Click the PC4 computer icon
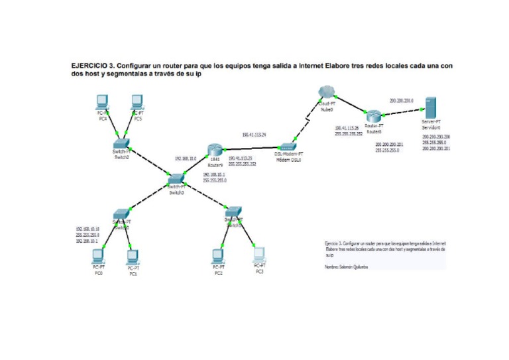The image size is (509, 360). coord(102,101)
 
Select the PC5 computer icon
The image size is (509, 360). coord(137,101)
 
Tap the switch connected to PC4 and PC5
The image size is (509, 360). coord(121,143)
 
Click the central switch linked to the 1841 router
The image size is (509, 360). coord(176,178)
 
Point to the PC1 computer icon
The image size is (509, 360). coord(132,256)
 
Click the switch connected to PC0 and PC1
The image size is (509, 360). coord(121,214)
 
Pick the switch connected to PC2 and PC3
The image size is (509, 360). coord(233,213)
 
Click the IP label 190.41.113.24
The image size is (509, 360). coord(254,135)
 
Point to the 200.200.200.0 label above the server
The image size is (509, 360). coord(402,100)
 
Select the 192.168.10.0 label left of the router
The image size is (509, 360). coord(186,159)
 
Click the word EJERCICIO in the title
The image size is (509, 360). coord(92,66)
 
